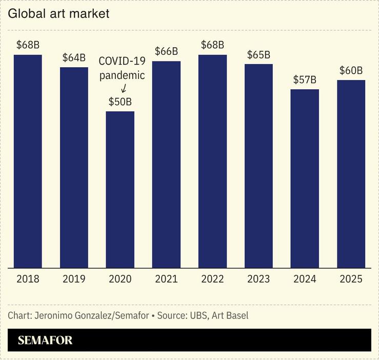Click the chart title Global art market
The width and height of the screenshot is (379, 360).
pos(58,14)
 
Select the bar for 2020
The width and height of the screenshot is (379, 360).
pos(120,189)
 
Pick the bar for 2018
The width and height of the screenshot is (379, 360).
pos(28,161)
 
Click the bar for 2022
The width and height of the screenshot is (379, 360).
pos(212,161)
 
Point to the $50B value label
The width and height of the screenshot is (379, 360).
pos(120,102)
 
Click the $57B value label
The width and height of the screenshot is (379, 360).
pos(305,80)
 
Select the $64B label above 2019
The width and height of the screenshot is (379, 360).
pos(74,57)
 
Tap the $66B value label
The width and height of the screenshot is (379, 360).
pos(166,51)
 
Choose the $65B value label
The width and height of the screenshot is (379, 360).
pos(258,54)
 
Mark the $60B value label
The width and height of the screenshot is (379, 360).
pos(351,70)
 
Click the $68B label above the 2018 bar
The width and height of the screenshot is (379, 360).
pos(28,45)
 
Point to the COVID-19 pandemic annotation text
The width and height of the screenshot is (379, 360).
pos(122,68)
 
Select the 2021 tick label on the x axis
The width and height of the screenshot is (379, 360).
pos(166,279)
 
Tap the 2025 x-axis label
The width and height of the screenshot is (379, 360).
pos(351,279)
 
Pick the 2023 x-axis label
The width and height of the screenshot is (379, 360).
pos(258,279)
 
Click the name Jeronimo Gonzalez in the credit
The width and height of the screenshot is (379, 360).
pos(69,315)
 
